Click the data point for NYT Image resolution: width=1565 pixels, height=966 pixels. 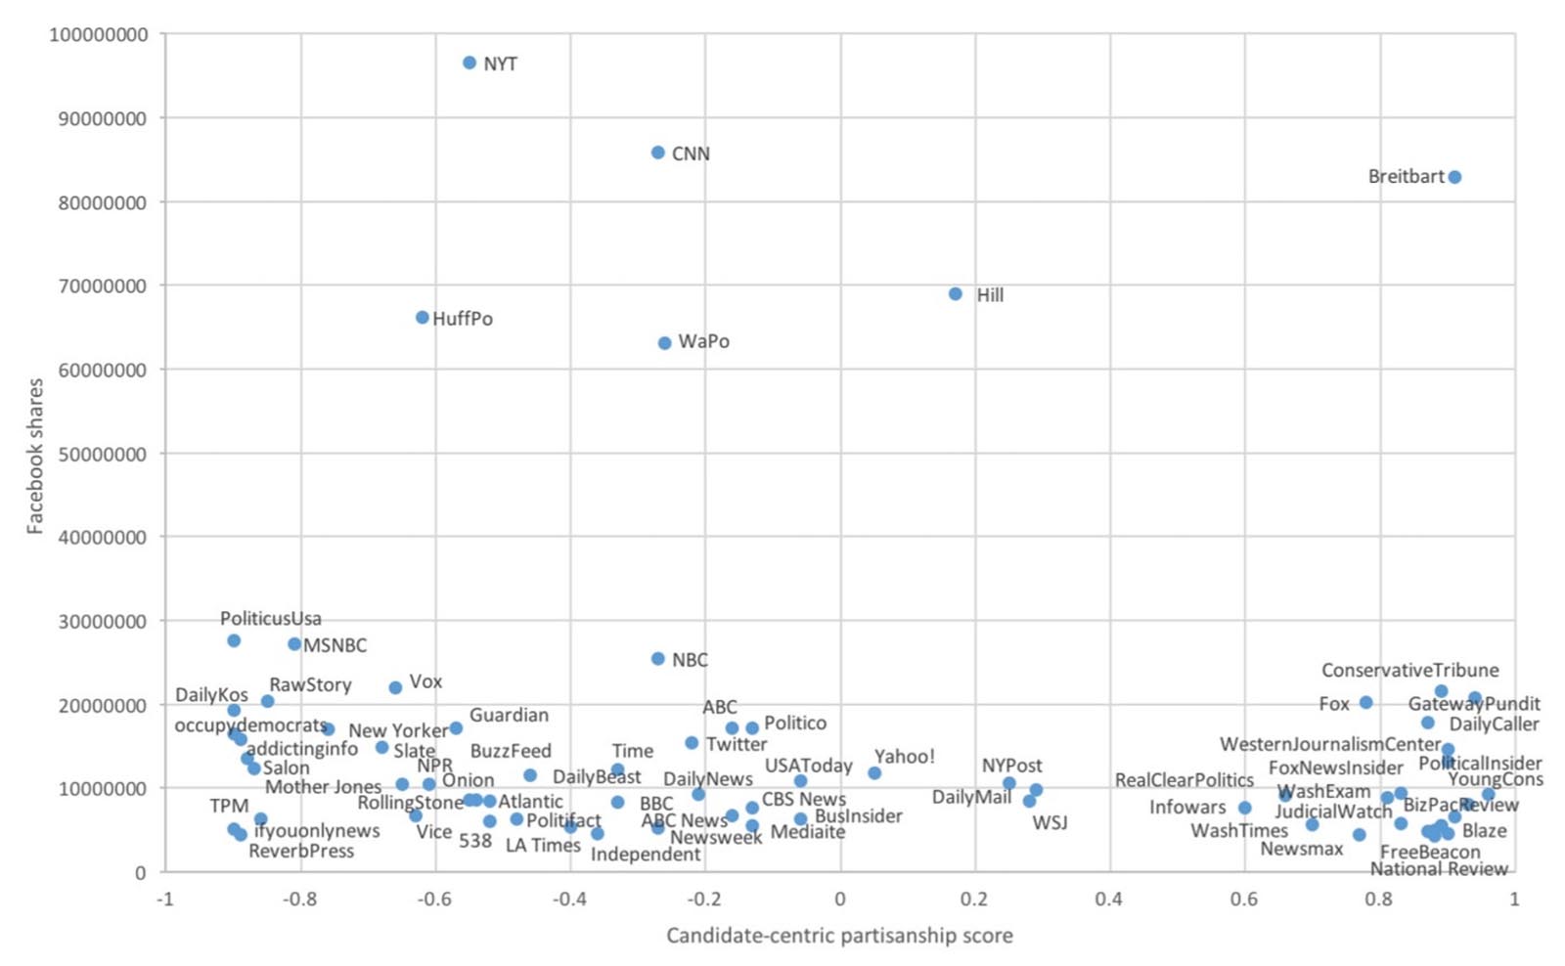coord(469,63)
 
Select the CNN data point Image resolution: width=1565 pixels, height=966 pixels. coord(658,153)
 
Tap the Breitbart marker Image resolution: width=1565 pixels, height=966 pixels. coord(1454,177)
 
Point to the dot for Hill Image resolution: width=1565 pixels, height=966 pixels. coord(956,294)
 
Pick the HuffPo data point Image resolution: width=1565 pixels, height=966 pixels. coord(423,318)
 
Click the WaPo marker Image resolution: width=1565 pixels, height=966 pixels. coord(665,343)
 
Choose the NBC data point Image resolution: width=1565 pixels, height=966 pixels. coord(658,659)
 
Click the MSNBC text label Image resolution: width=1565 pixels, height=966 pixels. coord(335,645)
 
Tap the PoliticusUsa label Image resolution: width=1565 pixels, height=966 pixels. coord(270,619)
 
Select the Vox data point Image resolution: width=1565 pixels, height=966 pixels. coord(395,688)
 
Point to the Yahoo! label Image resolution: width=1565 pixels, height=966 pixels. coord(904,757)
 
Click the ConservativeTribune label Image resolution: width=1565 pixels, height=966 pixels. coord(1409,671)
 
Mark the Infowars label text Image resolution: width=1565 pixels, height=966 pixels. coord(1186,808)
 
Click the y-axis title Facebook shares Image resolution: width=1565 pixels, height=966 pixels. coord(35,456)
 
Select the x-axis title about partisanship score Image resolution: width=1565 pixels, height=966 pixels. coord(839,936)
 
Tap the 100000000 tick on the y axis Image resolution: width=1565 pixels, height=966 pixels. coord(99,35)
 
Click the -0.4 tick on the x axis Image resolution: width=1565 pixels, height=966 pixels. coord(569,899)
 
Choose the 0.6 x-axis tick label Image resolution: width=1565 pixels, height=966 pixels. coord(1244,899)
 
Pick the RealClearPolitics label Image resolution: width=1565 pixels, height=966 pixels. coord(1184,780)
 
